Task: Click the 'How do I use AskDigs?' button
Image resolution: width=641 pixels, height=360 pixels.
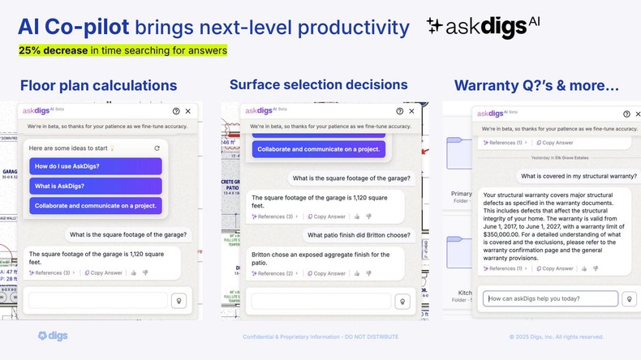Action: tap(96, 166)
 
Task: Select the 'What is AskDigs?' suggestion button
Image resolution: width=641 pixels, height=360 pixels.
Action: tap(96, 186)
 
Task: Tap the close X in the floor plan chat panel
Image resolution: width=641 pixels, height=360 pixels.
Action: tap(188, 111)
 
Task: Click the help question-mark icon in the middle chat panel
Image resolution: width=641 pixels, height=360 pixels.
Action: tap(400, 111)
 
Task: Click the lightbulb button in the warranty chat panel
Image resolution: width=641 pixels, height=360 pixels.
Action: tap(628, 298)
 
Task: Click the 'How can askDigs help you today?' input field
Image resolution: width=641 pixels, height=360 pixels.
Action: tap(550, 298)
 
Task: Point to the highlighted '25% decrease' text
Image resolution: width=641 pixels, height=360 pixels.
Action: tap(54, 50)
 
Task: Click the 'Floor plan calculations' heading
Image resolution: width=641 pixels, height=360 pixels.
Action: tap(98, 85)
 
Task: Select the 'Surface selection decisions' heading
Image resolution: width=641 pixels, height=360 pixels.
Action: tap(319, 84)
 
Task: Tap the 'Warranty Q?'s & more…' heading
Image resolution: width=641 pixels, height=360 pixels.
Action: tap(536, 85)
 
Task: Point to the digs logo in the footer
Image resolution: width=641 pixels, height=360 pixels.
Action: tap(53, 336)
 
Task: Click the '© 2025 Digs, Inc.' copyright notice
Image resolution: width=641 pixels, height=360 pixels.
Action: tap(557, 336)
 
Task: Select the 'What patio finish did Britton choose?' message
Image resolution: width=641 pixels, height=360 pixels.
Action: tap(358, 235)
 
